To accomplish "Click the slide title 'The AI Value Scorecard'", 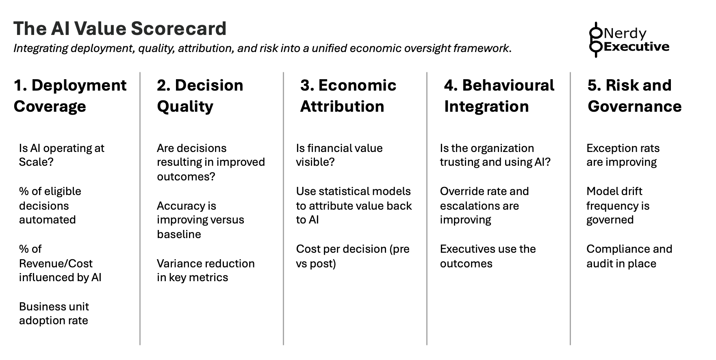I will [x=120, y=28].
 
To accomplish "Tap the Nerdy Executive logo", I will [x=629, y=40].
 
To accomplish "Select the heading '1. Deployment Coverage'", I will [x=70, y=96].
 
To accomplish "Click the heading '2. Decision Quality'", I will [x=200, y=96].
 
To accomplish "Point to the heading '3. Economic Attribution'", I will [x=348, y=96].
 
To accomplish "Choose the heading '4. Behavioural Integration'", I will [x=499, y=96].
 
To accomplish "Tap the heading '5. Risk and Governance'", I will [x=634, y=96].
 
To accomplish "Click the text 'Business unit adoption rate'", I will [x=54, y=313].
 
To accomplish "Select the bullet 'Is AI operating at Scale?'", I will [x=61, y=155].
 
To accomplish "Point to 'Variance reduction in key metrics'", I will [x=206, y=270].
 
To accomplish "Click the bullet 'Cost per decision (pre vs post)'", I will [x=353, y=256].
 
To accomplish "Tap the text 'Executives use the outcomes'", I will [x=488, y=256].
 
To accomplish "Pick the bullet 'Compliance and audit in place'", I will [x=629, y=256].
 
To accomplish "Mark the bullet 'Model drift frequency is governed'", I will [x=618, y=205].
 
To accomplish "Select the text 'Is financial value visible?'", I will [x=339, y=155].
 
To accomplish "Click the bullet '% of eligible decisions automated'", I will [x=50, y=205].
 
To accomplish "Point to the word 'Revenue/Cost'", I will [x=56, y=263].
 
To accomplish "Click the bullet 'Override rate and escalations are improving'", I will [x=484, y=205].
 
